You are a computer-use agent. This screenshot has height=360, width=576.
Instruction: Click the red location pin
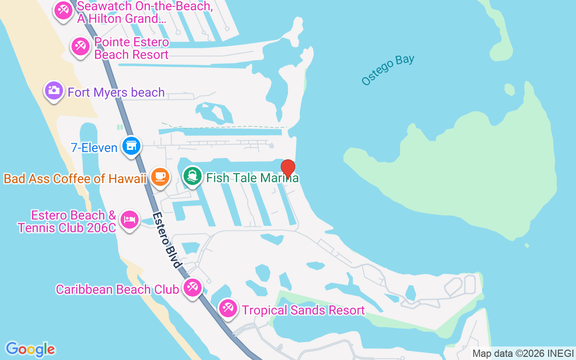pos(288,169)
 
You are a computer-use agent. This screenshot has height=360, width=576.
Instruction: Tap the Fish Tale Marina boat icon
pos(193,176)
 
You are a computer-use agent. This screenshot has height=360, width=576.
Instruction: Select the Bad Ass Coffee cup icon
pos(160,176)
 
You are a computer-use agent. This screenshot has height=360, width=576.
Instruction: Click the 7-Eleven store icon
pos(131,146)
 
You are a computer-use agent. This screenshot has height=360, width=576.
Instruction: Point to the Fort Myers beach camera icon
pos(54,90)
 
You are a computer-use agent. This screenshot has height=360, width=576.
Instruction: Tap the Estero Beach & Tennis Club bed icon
pos(130,219)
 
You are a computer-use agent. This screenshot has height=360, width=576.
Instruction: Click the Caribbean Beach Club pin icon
pos(193,287)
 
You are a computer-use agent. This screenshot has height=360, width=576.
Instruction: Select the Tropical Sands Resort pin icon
pos(228,308)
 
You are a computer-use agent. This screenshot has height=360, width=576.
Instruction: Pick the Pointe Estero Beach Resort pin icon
pos(81,46)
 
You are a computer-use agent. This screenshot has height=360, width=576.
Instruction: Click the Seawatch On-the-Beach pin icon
pos(63,10)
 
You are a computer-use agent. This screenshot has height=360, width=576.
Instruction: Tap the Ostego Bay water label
pos(387,70)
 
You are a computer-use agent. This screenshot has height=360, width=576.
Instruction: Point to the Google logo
pos(30,349)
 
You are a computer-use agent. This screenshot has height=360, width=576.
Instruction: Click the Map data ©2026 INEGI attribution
pos(523,354)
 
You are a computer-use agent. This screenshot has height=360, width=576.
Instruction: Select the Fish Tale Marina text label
pos(252,178)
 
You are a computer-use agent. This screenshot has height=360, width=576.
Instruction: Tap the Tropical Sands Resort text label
pos(303,310)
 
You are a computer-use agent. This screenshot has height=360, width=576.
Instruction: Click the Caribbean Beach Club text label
pos(117,289)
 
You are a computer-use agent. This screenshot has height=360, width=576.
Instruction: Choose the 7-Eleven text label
pos(94,148)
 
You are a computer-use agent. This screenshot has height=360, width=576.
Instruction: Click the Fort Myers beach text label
pos(116,93)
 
